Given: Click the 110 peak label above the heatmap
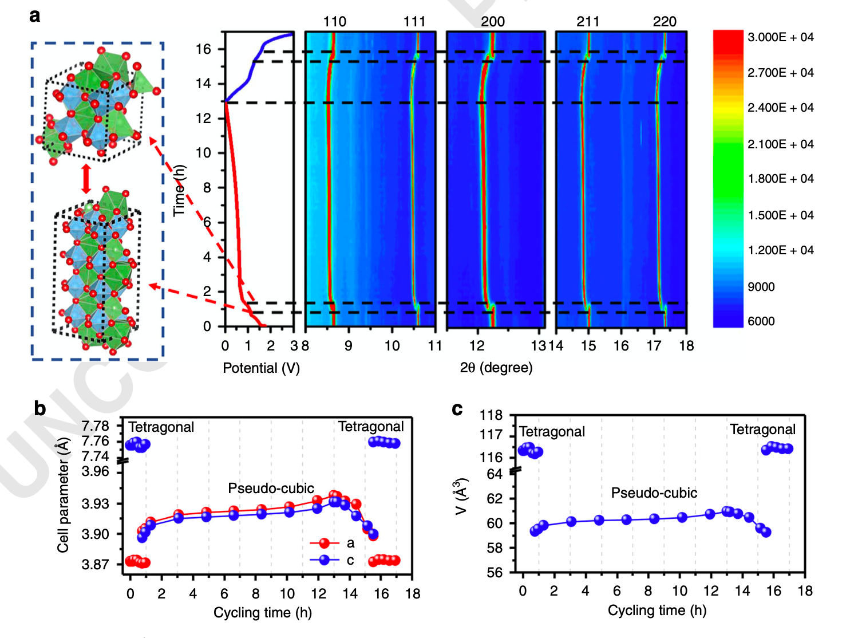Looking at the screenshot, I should (334, 22).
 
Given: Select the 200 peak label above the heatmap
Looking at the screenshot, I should (492, 22).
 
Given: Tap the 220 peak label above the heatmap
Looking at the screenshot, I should (664, 22).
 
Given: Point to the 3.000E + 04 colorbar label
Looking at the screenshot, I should (780, 37).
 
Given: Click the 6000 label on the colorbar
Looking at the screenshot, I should (761, 321).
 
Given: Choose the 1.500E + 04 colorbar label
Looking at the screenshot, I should (780, 215).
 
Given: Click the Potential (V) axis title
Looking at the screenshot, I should (261, 368).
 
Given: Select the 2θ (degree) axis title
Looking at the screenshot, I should (496, 368).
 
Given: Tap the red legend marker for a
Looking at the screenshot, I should (325, 543).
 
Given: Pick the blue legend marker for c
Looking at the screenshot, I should (325, 560).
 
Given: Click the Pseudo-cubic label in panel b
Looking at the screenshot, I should (271, 489).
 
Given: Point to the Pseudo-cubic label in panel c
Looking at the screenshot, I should (654, 493).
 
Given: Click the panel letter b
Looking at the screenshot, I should (39, 408).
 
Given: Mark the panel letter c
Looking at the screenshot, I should (457, 409).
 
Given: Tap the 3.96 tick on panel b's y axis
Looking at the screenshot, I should (95, 471).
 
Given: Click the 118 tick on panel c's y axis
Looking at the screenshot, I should (491, 415).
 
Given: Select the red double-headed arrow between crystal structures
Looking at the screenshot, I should (86, 179).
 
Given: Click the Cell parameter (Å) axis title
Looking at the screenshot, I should (63, 495).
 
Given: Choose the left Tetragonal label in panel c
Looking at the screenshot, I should (552, 432).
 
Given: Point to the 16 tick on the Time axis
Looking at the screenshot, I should (203, 49).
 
